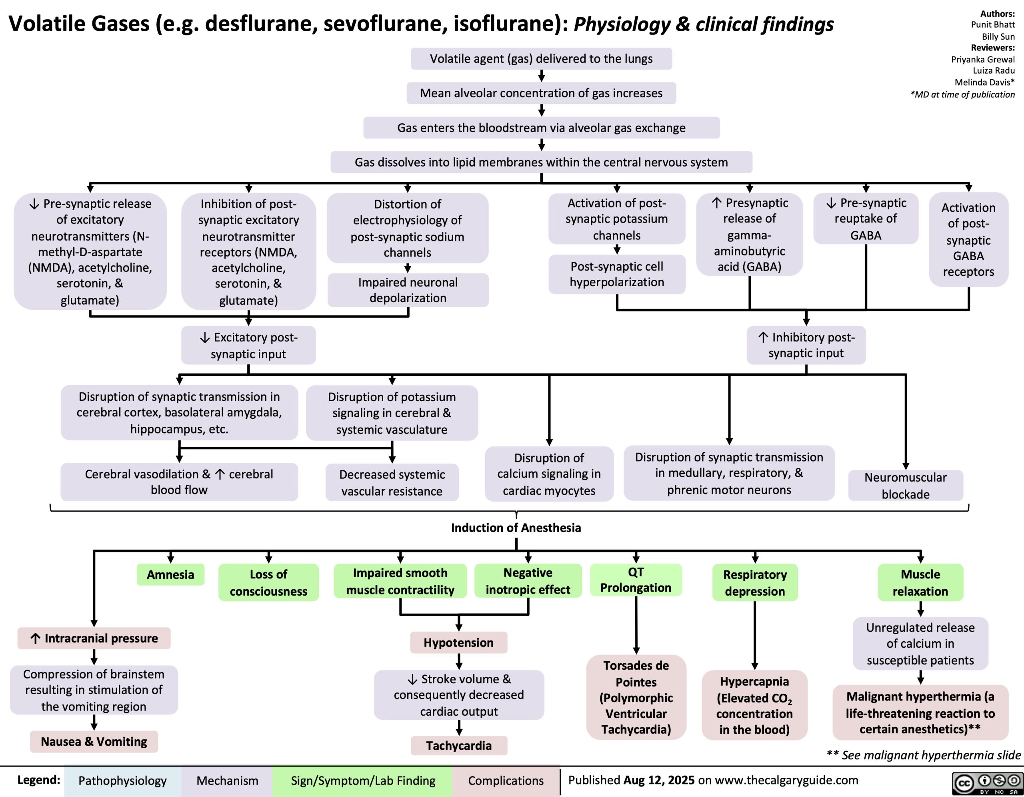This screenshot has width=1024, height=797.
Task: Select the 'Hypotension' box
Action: coord(458,642)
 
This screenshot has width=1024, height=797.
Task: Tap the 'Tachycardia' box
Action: coord(458,745)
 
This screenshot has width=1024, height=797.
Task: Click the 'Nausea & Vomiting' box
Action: coord(94,742)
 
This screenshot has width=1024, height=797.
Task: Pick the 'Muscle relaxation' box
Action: coord(920,582)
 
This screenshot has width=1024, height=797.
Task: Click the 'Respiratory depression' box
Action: coord(755,582)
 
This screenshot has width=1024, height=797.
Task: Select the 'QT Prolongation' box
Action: coord(636,580)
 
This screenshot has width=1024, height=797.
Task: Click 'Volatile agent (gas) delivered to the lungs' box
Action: coord(542,58)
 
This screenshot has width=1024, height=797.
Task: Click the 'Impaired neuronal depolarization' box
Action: coord(408,290)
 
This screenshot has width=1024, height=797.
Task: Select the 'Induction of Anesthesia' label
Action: coord(516,528)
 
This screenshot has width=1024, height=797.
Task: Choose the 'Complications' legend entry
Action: coord(506,781)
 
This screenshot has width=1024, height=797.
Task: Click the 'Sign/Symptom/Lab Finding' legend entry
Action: coord(363,781)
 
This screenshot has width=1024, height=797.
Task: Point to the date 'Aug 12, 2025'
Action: coord(659,780)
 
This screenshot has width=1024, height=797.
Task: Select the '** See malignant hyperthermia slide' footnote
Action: coord(923,755)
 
